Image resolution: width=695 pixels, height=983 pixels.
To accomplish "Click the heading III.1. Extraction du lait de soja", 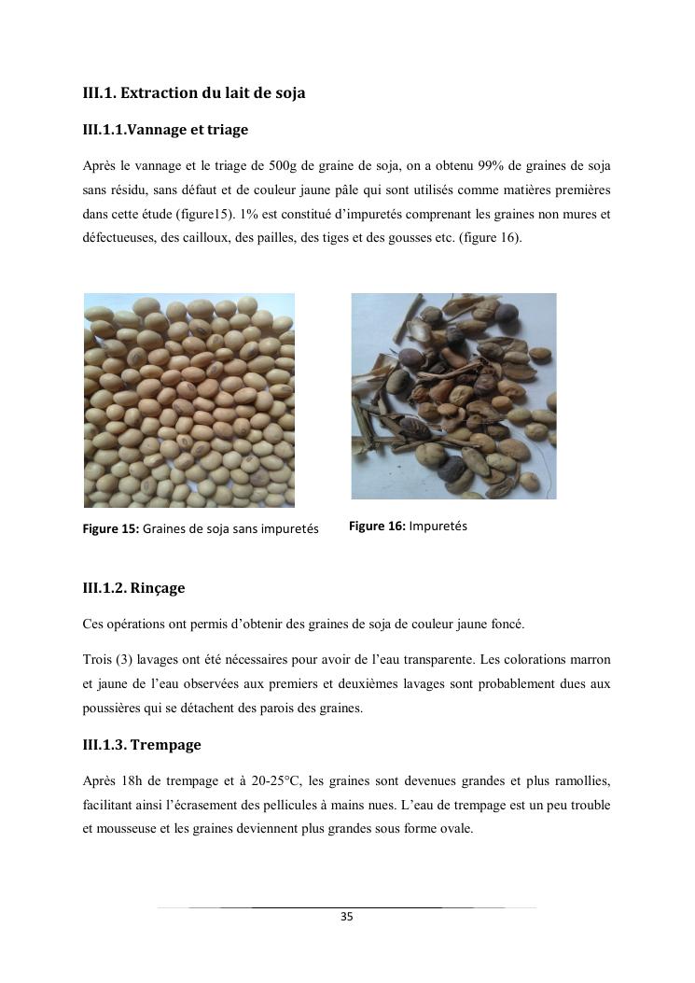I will pyautogui.click(x=194, y=93).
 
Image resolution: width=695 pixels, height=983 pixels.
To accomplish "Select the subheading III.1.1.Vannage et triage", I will pyautogui.click(x=165, y=130).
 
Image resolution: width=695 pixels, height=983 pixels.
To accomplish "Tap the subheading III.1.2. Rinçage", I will pyautogui.click(x=133, y=588).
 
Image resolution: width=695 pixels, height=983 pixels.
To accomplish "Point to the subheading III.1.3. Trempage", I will pyautogui.click(x=142, y=745).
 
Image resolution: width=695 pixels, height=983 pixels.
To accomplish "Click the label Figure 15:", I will pyautogui.click(x=111, y=529).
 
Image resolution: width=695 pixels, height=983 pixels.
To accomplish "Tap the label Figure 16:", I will pyautogui.click(x=377, y=527).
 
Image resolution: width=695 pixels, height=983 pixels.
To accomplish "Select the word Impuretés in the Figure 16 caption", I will pyautogui.click(x=438, y=527).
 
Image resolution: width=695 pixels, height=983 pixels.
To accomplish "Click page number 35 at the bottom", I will pyautogui.click(x=347, y=917).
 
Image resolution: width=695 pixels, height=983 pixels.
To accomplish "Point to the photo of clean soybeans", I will pyautogui.click(x=189, y=400).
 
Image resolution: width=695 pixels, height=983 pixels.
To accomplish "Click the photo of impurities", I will pyautogui.click(x=453, y=396).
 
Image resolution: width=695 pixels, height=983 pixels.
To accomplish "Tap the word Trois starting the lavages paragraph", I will pyautogui.click(x=98, y=659).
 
